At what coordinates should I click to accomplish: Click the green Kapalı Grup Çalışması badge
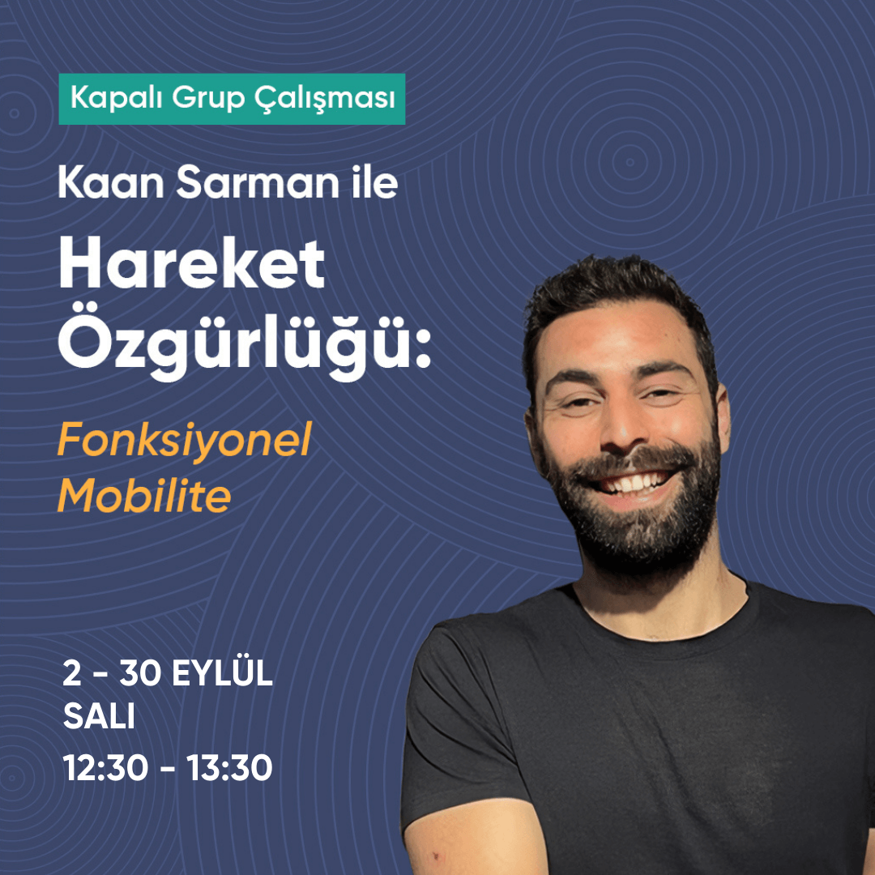[x=232, y=99]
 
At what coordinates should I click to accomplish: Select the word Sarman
[x=258, y=182]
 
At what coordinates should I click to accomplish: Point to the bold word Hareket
[x=191, y=262]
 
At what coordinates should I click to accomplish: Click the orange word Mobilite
[x=144, y=496]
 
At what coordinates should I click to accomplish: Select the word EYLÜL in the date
[x=222, y=673]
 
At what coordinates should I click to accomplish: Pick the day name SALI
[x=99, y=715]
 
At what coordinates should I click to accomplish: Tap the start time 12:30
[x=105, y=767]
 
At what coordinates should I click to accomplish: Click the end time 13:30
[x=229, y=767]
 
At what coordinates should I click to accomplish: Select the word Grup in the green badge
[x=208, y=99]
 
